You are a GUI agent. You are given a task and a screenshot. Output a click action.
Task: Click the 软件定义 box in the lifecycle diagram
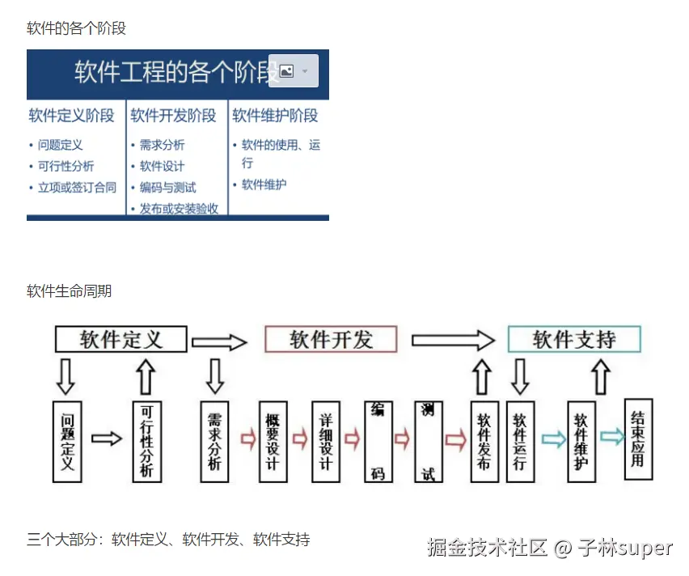[x=121, y=340]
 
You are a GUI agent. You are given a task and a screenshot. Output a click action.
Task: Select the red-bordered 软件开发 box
[x=331, y=340]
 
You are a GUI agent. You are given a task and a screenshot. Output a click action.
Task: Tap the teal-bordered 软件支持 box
[x=574, y=340]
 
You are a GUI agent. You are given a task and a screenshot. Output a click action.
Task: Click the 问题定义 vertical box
[x=67, y=441]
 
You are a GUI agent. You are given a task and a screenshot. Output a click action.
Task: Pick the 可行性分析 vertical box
[x=146, y=441]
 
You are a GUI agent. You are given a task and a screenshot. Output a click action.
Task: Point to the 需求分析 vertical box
[x=214, y=441]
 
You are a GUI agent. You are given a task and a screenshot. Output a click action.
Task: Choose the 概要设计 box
[x=273, y=441]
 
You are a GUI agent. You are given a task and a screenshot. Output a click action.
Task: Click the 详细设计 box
[x=325, y=441]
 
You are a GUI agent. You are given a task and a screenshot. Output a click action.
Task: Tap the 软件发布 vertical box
[x=484, y=442]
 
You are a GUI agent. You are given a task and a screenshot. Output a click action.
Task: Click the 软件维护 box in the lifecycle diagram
[x=581, y=442]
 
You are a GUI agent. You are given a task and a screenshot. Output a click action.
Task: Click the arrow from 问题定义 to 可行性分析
[x=107, y=438]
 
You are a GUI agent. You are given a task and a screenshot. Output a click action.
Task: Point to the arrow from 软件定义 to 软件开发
[x=218, y=342]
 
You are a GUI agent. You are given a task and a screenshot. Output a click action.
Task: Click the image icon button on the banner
[x=294, y=71]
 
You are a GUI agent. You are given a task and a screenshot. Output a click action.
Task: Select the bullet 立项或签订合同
[x=77, y=187]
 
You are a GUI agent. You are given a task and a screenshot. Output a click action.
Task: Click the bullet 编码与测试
[x=167, y=187]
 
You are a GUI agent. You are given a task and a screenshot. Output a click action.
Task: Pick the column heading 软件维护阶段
[x=275, y=116]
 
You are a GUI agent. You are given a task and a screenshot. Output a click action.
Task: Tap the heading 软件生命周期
[x=69, y=291]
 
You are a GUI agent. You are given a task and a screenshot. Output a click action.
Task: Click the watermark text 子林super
[x=625, y=548]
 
